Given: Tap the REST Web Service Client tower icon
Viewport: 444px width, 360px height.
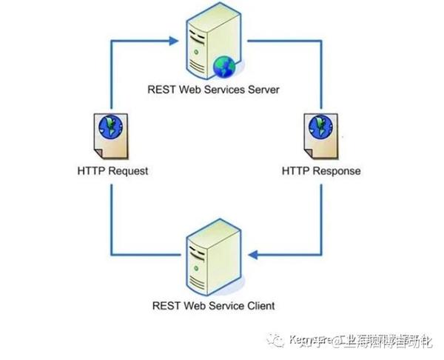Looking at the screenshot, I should (x=209, y=259).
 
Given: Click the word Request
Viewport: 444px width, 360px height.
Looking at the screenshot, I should (x=127, y=171).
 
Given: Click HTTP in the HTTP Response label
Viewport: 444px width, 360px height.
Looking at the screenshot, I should (x=295, y=171).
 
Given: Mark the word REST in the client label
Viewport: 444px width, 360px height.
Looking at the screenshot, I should (x=166, y=304).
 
